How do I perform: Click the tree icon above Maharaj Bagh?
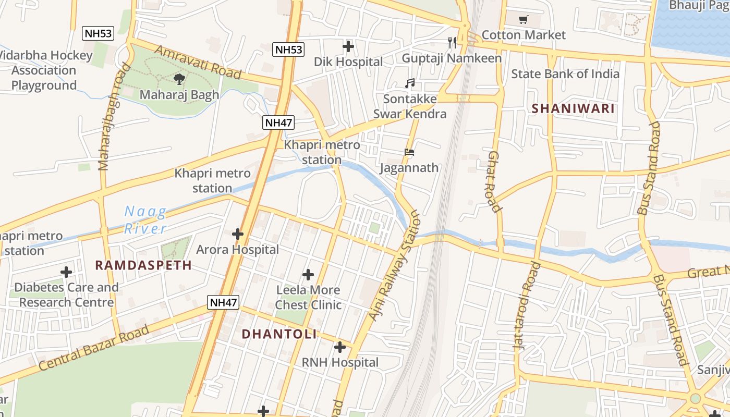coord(179,79)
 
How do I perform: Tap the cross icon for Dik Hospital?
coord(348,46)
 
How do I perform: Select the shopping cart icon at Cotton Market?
coord(523,20)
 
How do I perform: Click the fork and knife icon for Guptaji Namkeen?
coord(452,42)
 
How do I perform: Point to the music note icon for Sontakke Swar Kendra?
coord(410,83)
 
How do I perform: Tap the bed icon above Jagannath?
coord(409,153)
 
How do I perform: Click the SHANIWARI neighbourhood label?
coord(573,109)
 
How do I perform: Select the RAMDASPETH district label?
coord(143,265)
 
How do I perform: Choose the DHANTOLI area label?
coord(279,334)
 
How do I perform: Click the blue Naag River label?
coord(145,220)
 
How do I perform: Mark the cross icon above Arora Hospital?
coord(238,234)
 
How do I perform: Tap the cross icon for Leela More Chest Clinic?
coord(308,275)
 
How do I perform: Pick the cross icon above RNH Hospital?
coord(340,347)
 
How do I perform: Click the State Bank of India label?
coord(565,73)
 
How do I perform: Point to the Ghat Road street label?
coord(494,181)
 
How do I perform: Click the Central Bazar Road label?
coord(94,348)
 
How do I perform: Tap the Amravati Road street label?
coord(198,63)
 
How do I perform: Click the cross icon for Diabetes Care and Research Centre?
coord(66,272)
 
